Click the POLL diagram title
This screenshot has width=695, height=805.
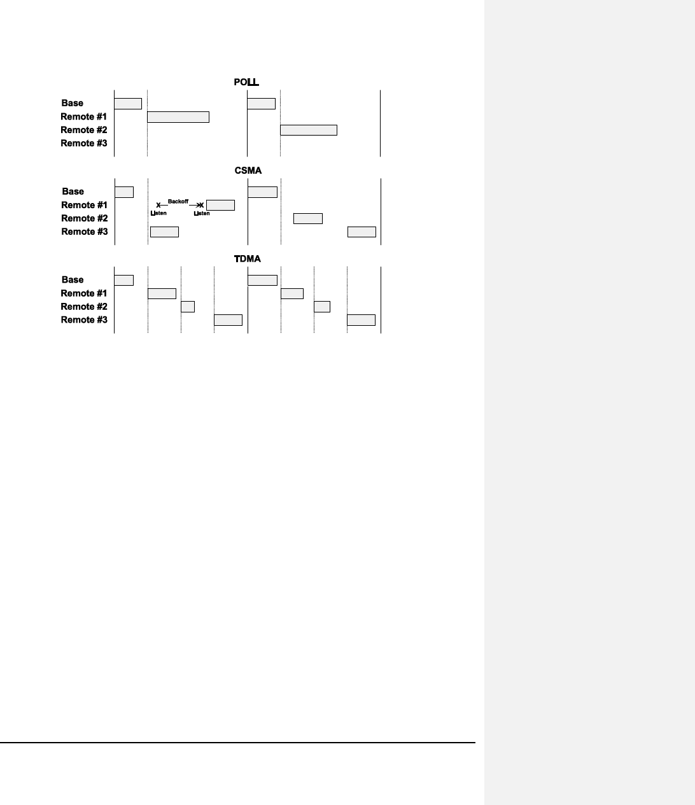pyautogui.click(x=246, y=82)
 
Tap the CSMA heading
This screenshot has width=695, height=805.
pyautogui.click(x=248, y=171)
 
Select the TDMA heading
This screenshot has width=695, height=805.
pyautogui.click(x=248, y=259)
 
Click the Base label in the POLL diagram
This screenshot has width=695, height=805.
pyautogui.click(x=73, y=103)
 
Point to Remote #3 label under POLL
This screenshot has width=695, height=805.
pyautogui.click(x=84, y=143)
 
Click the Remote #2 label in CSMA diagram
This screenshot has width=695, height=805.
pyautogui.click(x=84, y=218)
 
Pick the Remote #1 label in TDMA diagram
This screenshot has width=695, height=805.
pyautogui.click(x=84, y=293)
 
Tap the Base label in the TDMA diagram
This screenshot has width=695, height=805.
pyautogui.click(x=73, y=280)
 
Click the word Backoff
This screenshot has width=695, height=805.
pyautogui.click(x=178, y=201)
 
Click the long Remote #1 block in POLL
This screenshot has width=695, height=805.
pyautogui.click(x=178, y=117)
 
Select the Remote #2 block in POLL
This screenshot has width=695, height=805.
pyautogui.click(x=309, y=130)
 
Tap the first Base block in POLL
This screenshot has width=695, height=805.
pyautogui.click(x=128, y=104)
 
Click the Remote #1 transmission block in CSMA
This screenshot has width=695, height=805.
pyautogui.click(x=220, y=205)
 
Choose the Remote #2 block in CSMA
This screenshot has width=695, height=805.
pyautogui.click(x=308, y=219)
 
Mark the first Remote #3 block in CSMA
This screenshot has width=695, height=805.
pyautogui.click(x=164, y=232)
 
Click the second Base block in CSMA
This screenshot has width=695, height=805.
pyautogui.click(x=262, y=192)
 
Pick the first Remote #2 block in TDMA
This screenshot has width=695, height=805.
pyautogui.click(x=188, y=307)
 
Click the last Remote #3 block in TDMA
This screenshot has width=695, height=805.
pyautogui.click(x=361, y=320)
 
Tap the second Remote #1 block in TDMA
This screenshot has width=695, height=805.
pyautogui.click(x=292, y=293)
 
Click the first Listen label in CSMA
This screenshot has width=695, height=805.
pyautogui.click(x=158, y=213)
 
